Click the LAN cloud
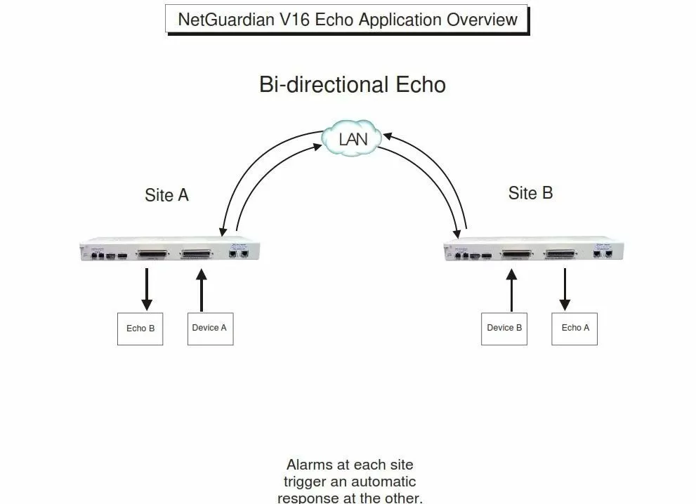click(x=353, y=138)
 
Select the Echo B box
click(x=140, y=328)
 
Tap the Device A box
click(x=209, y=328)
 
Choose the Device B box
click(x=504, y=328)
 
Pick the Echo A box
click(x=575, y=328)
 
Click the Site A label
click(x=166, y=194)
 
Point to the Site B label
click(x=530, y=192)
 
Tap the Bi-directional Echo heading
click(x=352, y=85)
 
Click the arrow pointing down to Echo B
click(x=147, y=289)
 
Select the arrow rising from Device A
click(x=202, y=291)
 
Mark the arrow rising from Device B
click(x=511, y=291)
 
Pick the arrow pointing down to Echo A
click(x=565, y=289)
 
